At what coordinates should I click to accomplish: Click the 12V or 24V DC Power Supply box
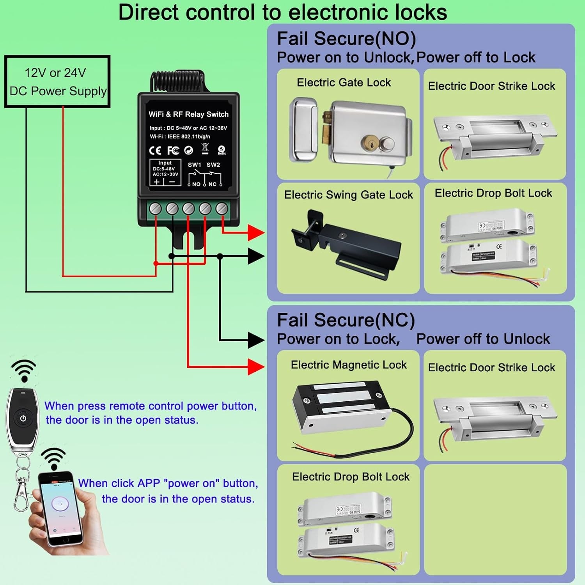[57, 82]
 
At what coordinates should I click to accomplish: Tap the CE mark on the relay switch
[155, 151]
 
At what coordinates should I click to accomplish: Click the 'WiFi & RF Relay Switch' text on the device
[188, 114]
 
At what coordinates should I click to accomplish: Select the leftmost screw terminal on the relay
[156, 209]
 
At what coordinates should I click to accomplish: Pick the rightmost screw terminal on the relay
[222, 209]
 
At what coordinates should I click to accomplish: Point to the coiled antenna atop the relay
[177, 80]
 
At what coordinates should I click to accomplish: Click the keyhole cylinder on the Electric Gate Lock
[369, 143]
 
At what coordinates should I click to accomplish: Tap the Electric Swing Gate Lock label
[348, 195]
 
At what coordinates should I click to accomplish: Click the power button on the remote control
[23, 418]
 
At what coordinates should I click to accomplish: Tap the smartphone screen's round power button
[60, 503]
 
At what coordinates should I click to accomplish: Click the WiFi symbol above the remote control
[24, 370]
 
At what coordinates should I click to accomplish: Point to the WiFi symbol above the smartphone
[53, 458]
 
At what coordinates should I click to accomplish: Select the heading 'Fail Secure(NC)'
[346, 320]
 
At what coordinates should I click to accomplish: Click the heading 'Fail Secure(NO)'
[346, 39]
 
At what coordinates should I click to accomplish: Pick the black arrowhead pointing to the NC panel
[256, 340]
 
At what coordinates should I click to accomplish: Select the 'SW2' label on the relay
[213, 165]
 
